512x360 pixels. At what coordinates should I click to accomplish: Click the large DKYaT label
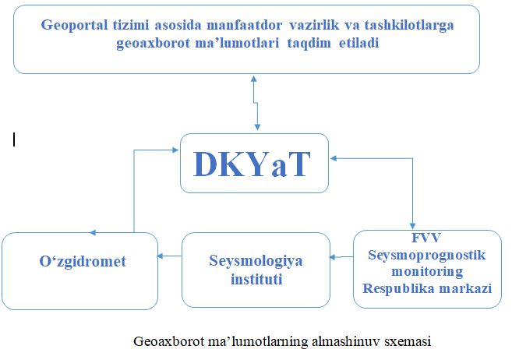click(252, 164)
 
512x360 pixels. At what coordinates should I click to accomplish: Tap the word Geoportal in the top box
click(74, 26)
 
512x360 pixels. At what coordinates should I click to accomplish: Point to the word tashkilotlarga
click(409, 26)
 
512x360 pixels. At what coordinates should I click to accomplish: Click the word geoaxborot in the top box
click(153, 43)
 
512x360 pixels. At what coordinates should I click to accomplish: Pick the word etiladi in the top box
click(358, 43)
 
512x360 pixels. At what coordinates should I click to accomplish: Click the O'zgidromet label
click(83, 262)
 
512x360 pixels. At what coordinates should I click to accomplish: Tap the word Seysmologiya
click(256, 261)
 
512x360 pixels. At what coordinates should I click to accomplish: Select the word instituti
click(256, 280)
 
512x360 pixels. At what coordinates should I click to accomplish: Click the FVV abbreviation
click(426, 238)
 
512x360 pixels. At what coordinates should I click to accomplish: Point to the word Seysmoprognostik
click(427, 256)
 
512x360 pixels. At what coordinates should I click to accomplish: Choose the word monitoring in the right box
click(427, 271)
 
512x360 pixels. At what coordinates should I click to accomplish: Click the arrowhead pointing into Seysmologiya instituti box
click(333, 257)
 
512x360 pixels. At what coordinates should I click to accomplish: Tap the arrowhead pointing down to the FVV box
click(412, 226)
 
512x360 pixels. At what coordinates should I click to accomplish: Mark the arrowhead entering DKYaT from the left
click(175, 150)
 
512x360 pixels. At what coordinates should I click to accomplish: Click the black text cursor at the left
click(14, 139)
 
